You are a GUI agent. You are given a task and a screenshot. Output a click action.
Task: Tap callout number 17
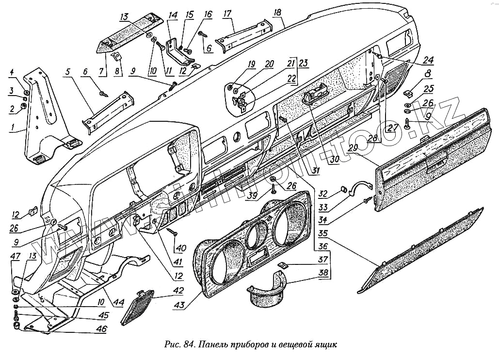[x=227, y=14]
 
